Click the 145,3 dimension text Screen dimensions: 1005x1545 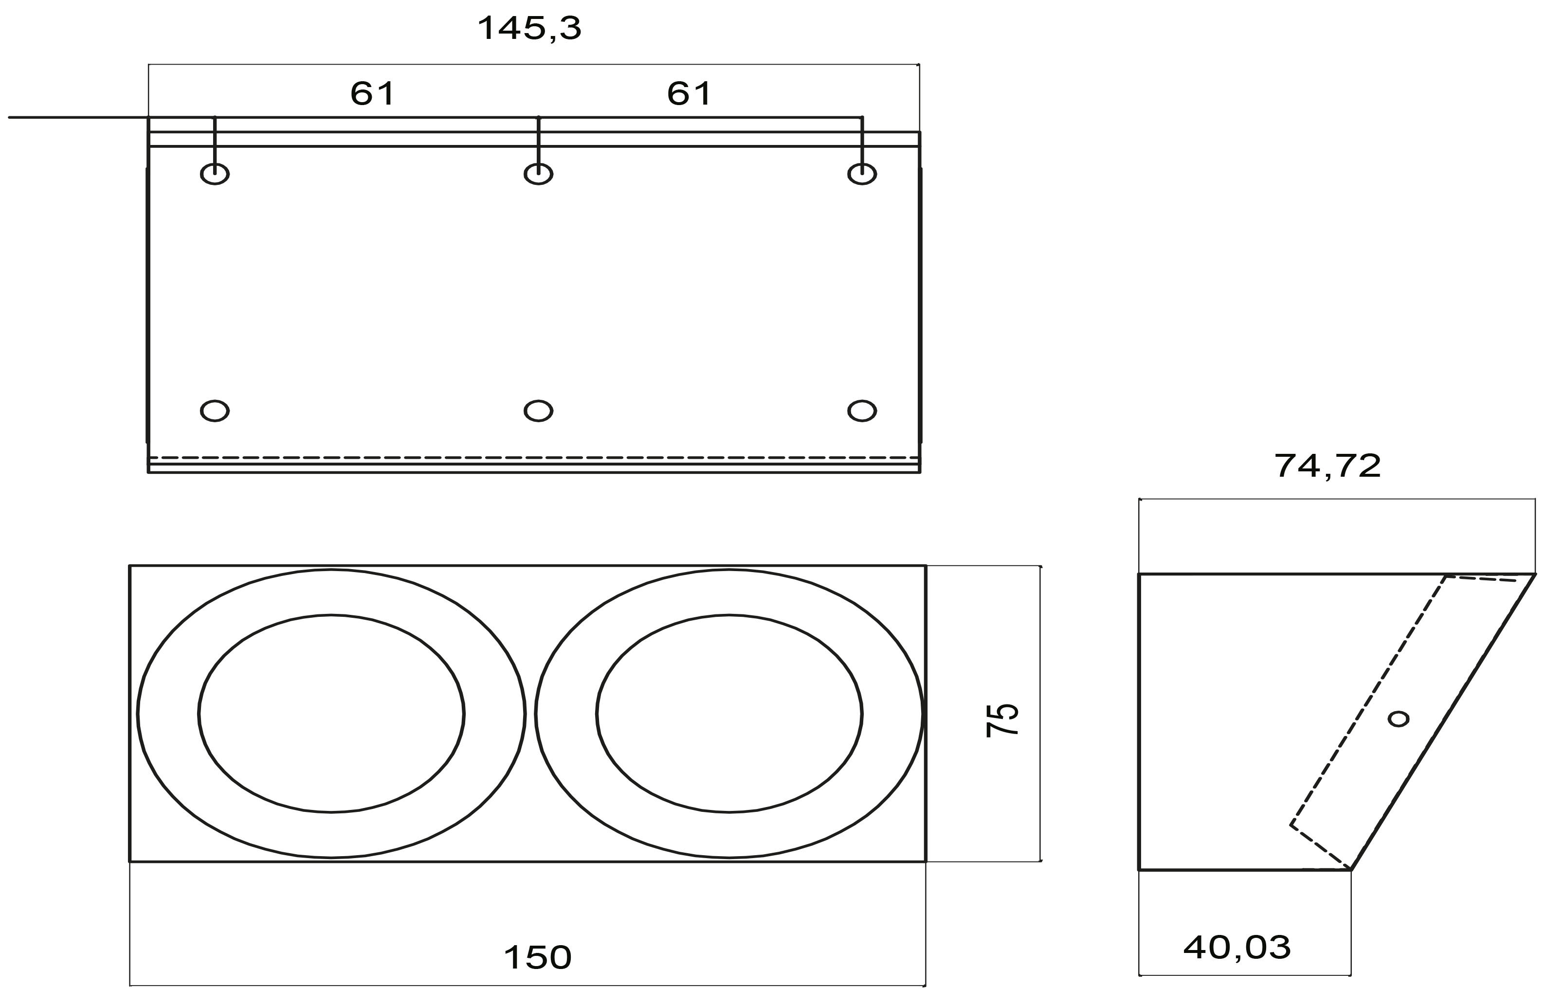click(x=529, y=29)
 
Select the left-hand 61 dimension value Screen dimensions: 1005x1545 click(x=372, y=94)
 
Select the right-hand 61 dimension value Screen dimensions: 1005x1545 click(x=689, y=94)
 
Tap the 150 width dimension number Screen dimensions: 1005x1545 click(x=538, y=958)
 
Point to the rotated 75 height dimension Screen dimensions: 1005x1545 click(x=1001, y=719)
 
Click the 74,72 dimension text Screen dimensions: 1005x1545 click(x=1327, y=467)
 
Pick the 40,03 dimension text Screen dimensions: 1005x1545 click(x=1236, y=948)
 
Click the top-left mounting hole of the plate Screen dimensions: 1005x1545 click(x=215, y=174)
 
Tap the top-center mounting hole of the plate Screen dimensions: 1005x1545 click(x=538, y=174)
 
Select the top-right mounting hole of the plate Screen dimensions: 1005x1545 click(x=862, y=174)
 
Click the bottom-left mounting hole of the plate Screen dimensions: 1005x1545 click(x=215, y=411)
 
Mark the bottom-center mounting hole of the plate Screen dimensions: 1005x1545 click(x=538, y=411)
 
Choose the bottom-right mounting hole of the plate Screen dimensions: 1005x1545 click(x=862, y=411)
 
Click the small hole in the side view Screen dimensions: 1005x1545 click(x=1399, y=719)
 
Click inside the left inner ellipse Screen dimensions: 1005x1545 click(x=331, y=714)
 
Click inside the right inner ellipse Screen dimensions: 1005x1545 click(x=729, y=714)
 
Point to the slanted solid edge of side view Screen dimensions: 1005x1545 click(x=1442, y=722)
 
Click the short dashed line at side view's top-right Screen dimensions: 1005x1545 click(x=1483, y=578)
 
